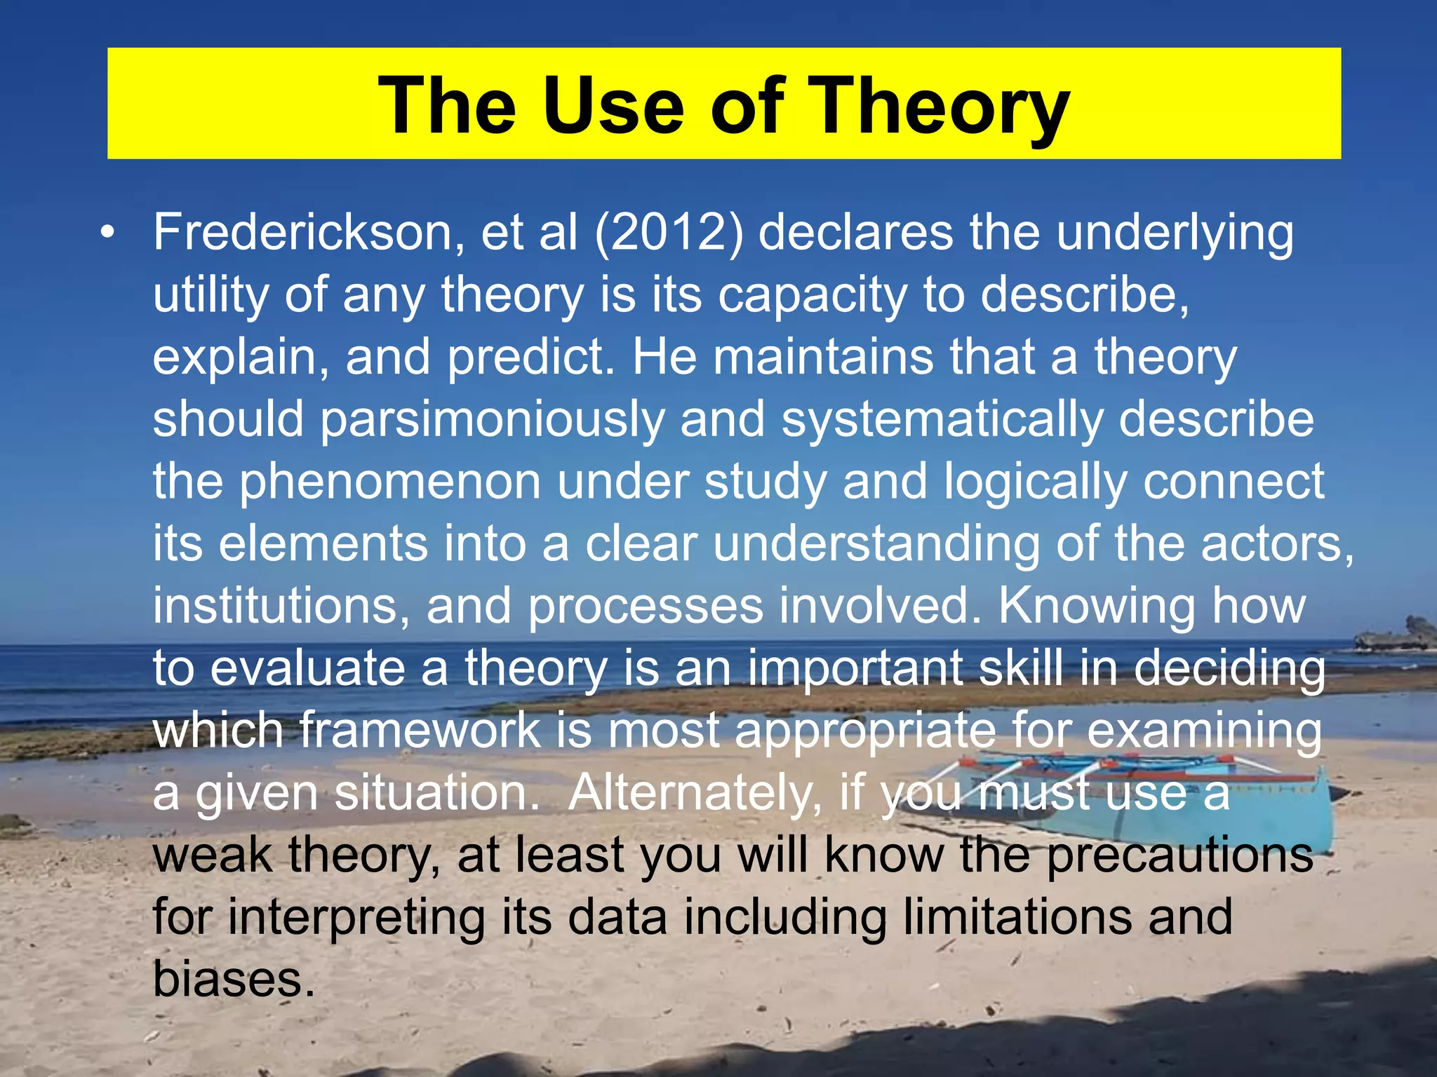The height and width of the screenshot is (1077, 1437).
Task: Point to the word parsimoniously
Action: [x=491, y=420]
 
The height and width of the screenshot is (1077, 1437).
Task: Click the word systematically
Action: [x=941, y=420]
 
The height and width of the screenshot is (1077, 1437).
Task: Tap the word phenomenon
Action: [x=390, y=482]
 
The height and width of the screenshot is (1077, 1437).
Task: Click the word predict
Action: [x=530, y=358]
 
